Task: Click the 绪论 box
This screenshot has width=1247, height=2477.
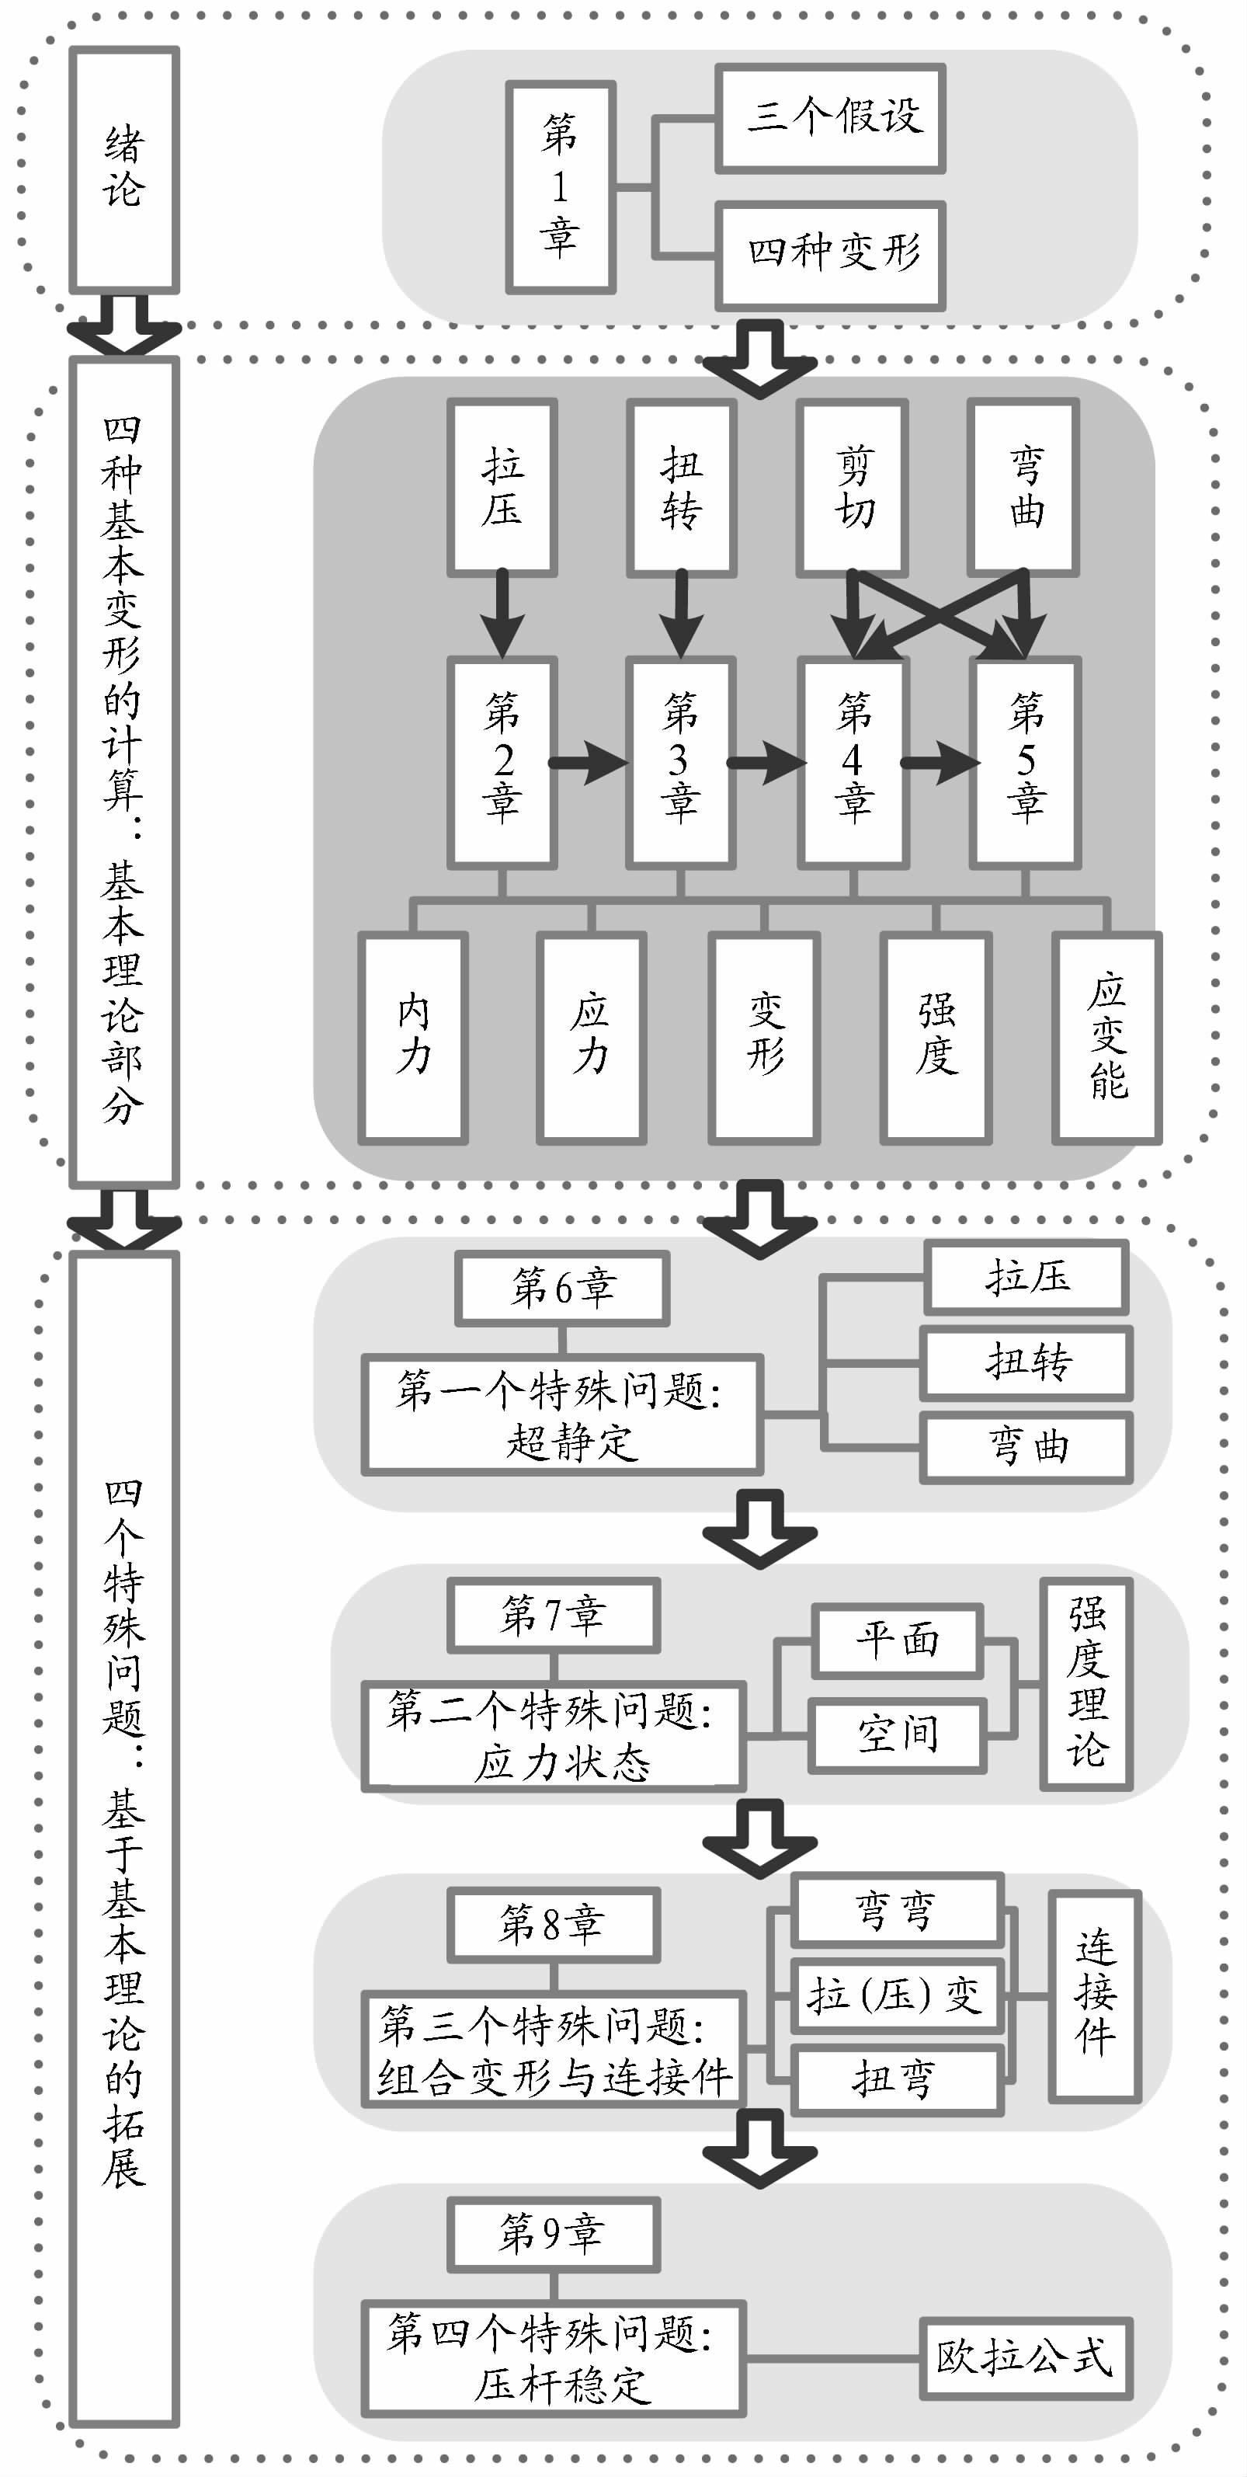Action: pos(124,169)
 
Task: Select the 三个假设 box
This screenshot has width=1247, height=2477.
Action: pos(831,118)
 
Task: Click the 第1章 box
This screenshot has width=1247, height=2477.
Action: pos(561,187)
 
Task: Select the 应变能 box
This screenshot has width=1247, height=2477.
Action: pos(1106,1038)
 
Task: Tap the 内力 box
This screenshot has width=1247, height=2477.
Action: pos(413,1038)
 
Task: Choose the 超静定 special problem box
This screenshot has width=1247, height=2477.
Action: pos(562,1414)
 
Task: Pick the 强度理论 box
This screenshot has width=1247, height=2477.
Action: pos(1086,1682)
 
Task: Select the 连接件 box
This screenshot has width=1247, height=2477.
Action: pos(1095,1995)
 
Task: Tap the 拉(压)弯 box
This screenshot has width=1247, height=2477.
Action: pos(896,1995)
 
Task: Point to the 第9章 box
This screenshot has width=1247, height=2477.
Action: pos(553,2234)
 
